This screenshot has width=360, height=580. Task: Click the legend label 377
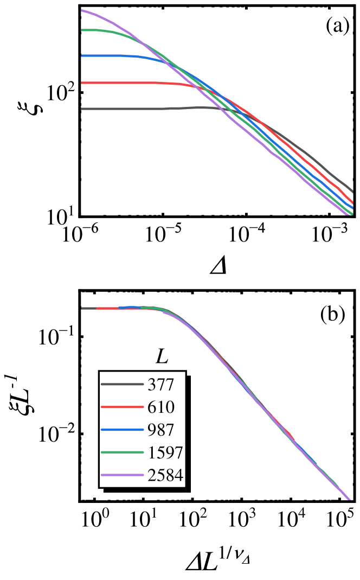tap(160, 385)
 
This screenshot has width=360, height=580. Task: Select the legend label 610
tap(160, 407)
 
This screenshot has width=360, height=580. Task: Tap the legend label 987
tap(160, 430)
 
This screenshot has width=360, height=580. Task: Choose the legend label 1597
tap(165, 452)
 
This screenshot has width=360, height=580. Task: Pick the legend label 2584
tap(165, 476)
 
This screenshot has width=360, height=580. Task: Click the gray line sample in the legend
tap(122, 384)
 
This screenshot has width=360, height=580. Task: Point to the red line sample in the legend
tap(122, 407)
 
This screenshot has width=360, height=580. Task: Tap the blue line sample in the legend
tap(122, 430)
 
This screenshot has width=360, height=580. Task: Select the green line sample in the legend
tap(122, 452)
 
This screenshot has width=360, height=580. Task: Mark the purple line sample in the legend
tap(122, 475)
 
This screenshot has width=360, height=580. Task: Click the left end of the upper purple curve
tap(82, 10)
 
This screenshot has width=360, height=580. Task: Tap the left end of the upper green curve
tap(82, 30)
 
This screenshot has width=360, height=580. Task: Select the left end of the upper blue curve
tap(82, 56)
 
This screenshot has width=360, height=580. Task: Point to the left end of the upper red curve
tap(82, 83)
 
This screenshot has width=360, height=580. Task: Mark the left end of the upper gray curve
tap(82, 109)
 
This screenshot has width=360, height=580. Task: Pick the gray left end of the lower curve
tap(82, 309)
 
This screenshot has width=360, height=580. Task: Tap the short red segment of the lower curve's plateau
tap(107, 309)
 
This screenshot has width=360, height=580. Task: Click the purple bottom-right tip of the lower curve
tap(350, 499)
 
